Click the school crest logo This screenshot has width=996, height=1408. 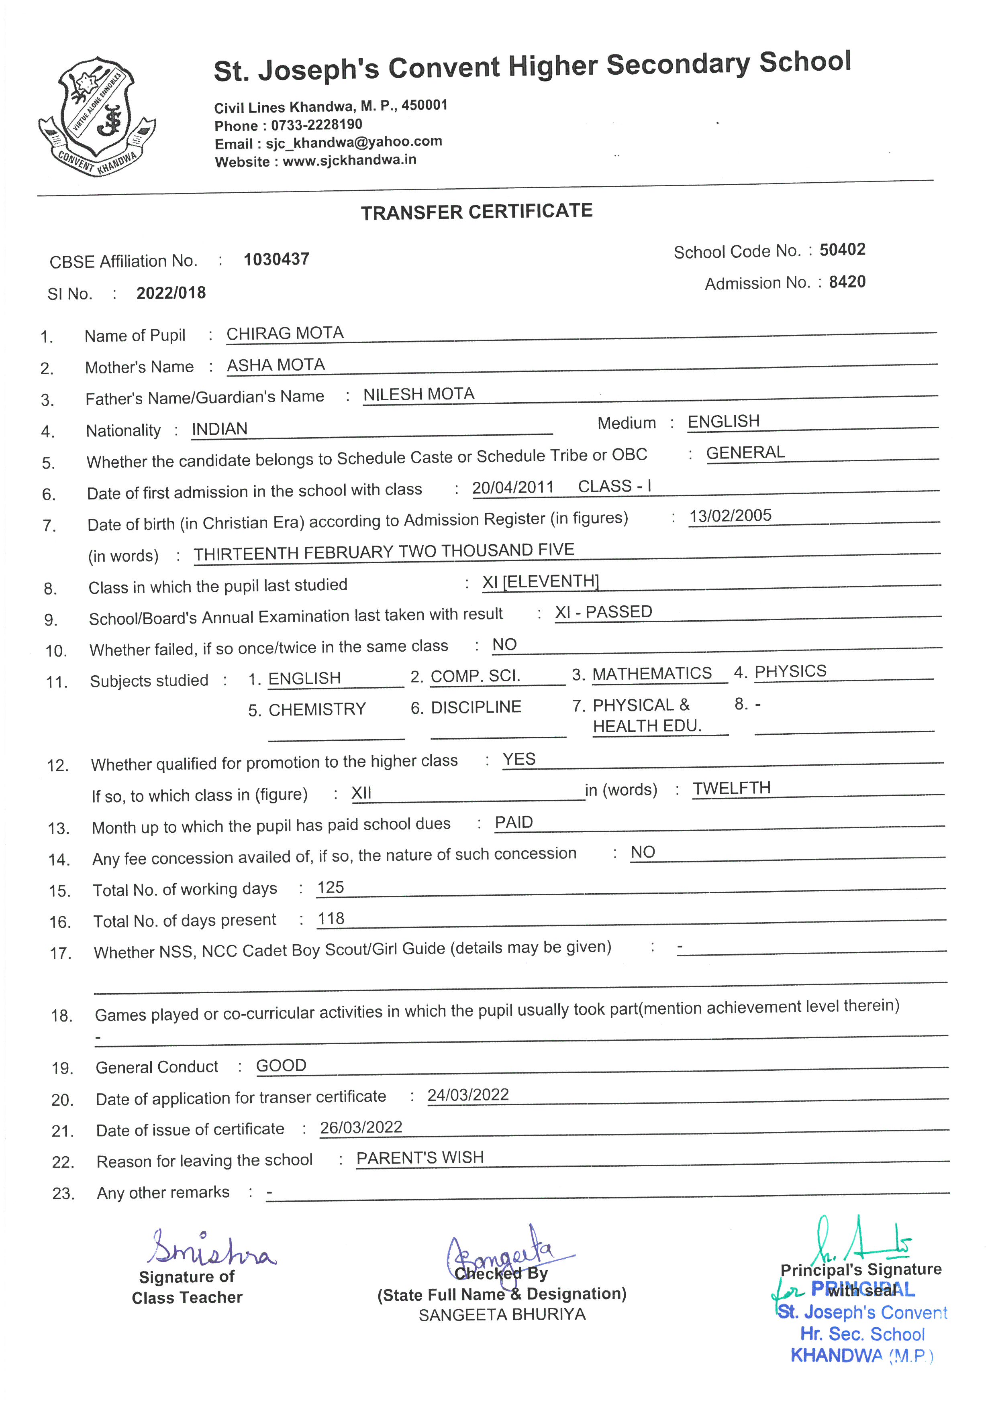point(96,116)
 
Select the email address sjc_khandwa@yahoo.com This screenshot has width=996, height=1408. point(353,142)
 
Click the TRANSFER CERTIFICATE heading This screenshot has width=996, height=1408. point(477,212)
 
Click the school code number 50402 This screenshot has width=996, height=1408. point(842,250)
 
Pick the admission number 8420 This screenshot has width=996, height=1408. point(847,282)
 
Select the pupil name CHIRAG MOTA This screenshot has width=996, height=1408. point(285,334)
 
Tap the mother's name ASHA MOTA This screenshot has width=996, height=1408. point(276,365)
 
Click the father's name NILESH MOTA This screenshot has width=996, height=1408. point(419,394)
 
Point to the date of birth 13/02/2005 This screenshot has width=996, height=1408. point(730,516)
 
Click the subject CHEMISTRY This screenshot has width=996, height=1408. point(317,709)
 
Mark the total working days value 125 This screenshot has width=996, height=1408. point(331,887)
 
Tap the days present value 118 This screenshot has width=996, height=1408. point(331,919)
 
